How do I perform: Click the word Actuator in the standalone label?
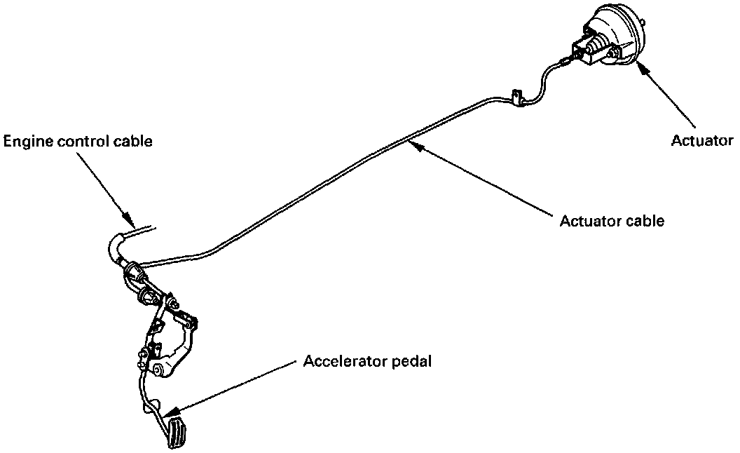click(701, 141)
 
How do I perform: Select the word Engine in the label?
click(26, 142)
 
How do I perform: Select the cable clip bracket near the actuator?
click(519, 98)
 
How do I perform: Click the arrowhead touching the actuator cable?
click(413, 144)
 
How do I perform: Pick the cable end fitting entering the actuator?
click(565, 62)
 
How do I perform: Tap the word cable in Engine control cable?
click(134, 142)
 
